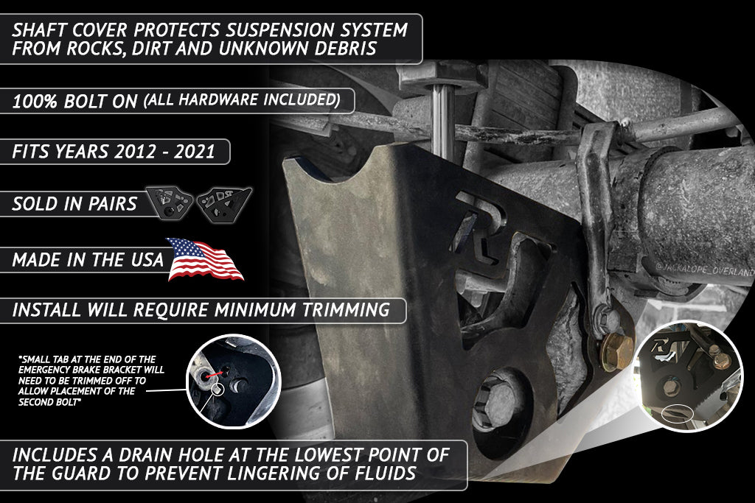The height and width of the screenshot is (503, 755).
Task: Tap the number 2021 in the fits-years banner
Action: pos(194,152)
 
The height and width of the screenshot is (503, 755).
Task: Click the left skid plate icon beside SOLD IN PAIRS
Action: pos(169,203)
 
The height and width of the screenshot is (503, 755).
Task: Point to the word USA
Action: pos(147,260)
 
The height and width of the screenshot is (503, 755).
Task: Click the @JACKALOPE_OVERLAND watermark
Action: pos(704,270)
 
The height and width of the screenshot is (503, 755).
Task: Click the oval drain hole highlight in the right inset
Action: pos(677,413)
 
